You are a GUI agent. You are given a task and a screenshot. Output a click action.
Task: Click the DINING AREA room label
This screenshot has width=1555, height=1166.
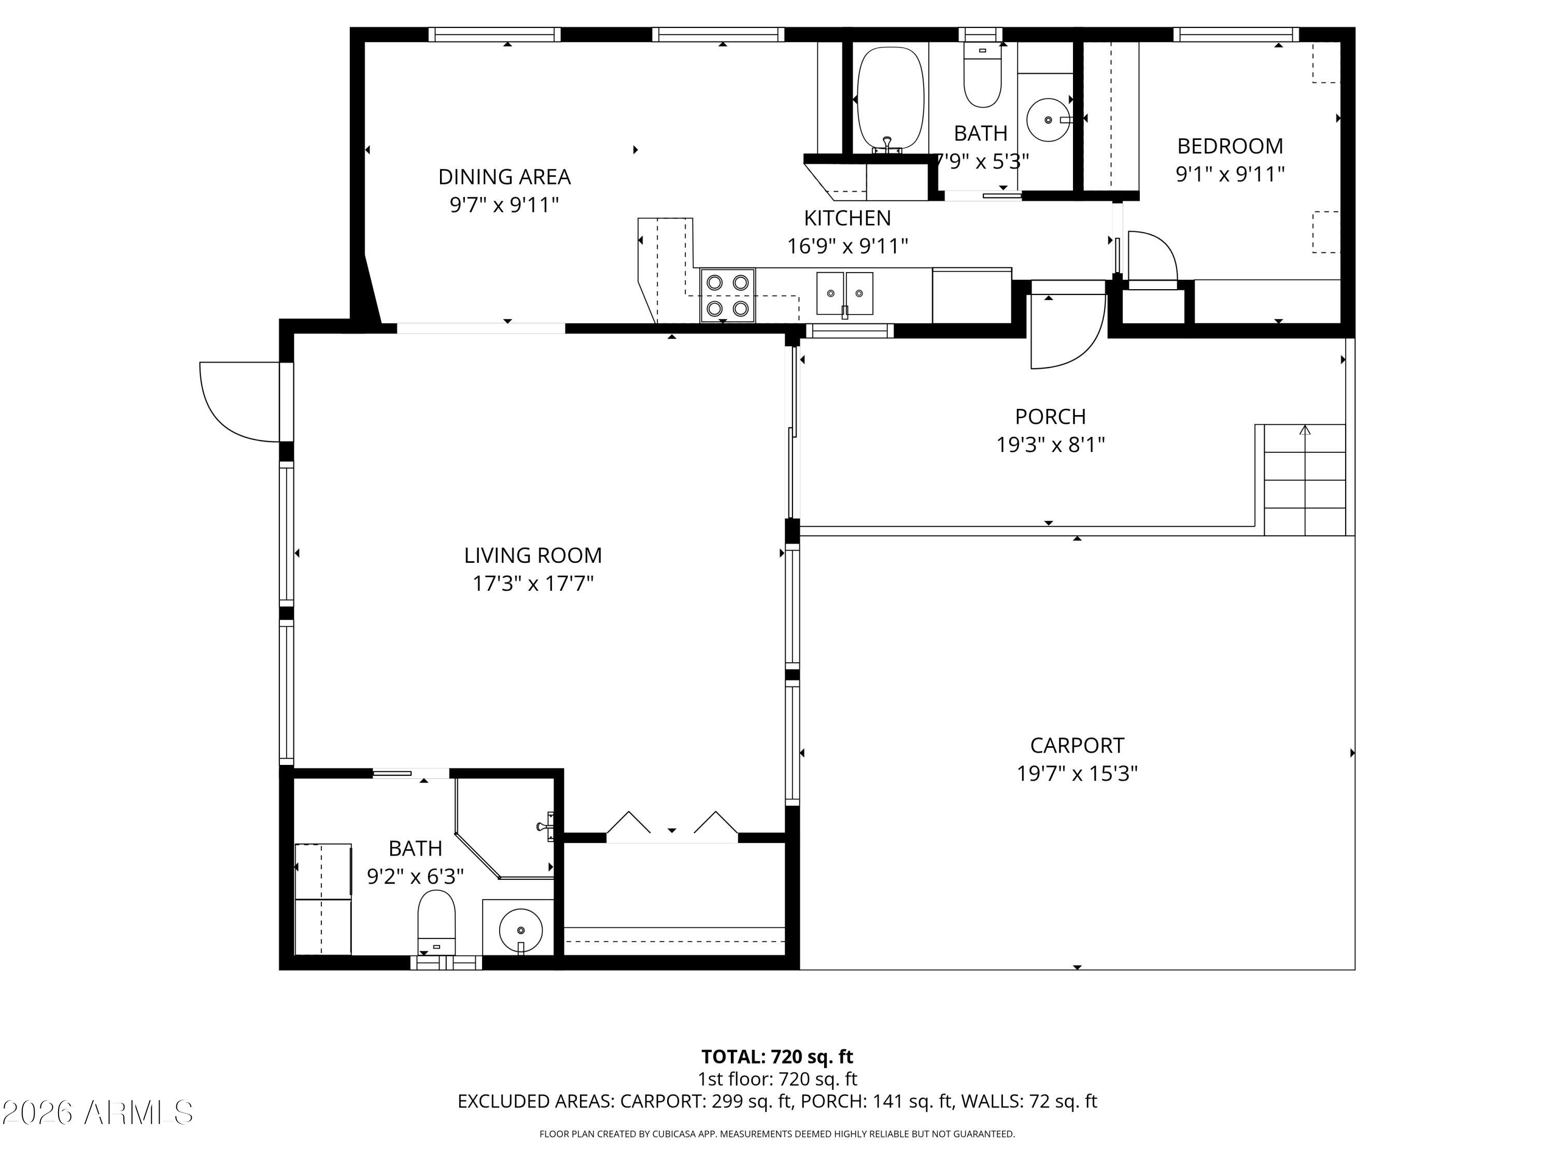pyautogui.click(x=504, y=176)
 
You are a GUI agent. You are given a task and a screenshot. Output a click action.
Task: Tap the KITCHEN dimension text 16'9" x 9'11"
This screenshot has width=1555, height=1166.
pyautogui.click(x=847, y=246)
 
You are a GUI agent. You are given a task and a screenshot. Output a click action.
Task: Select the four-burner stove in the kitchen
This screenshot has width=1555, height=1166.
pyautogui.click(x=727, y=295)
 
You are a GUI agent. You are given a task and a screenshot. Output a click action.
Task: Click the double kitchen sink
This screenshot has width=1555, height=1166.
pyautogui.click(x=844, y=293)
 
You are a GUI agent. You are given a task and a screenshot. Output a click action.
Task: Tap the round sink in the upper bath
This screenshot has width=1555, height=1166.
pyautogui.click(x=1048, y=120)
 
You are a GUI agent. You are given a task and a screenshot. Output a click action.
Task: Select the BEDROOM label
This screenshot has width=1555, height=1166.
pyautogui.click(x=1229, y=146)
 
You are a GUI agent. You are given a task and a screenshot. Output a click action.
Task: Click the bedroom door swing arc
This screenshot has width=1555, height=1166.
pyautogui.click(x=1153, y=257)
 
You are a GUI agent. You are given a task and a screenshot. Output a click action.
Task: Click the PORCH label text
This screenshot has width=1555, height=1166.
pyautogui.click(x=1050, y=417)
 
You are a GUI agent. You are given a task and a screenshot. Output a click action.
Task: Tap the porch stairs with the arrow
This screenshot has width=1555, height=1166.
pyautogui.click(x=1304, y=479)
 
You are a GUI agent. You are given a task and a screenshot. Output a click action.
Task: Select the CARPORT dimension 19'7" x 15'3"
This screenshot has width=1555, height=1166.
pyautogui.click(x=1077, y=774)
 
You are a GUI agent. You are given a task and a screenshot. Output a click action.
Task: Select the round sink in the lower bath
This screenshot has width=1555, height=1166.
pyautogui.click(x=520, y=930)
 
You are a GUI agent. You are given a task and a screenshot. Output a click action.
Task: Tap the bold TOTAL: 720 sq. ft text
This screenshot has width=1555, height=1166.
pyautogui.click(x=777, y=1056)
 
